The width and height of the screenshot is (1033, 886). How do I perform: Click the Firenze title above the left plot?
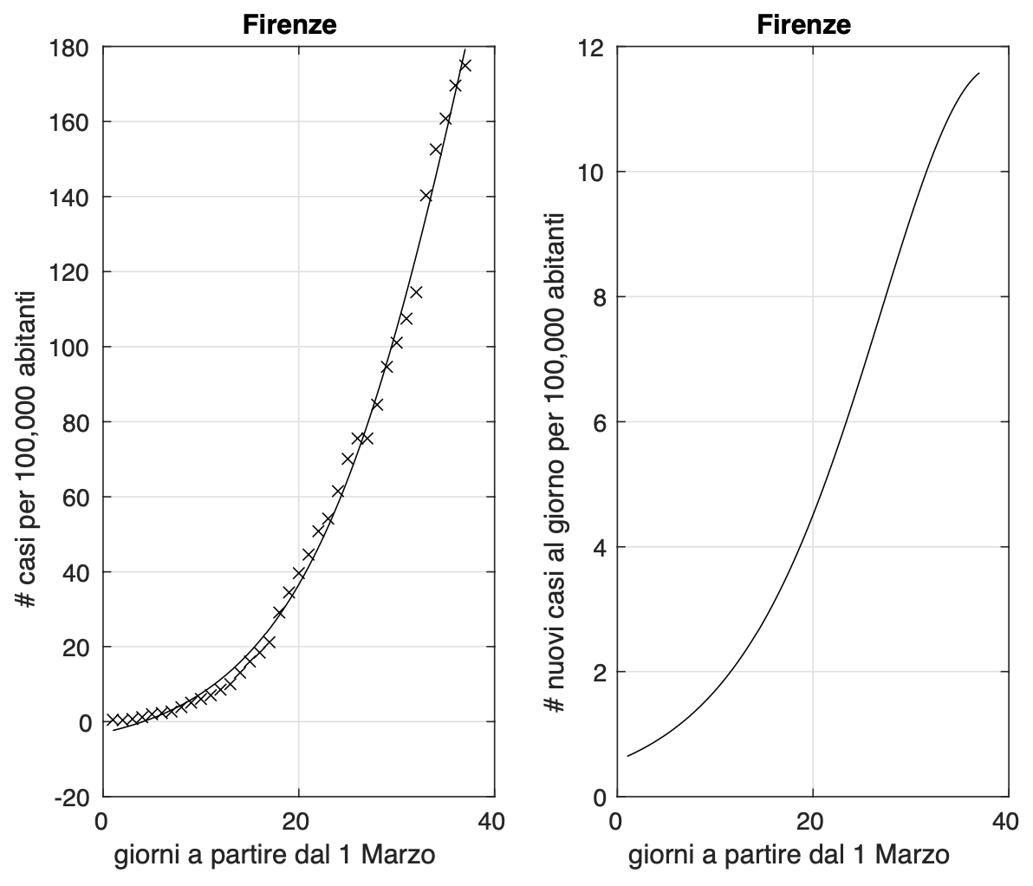[x=289, y=25]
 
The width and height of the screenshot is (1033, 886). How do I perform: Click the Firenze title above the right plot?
[x=803, y=25]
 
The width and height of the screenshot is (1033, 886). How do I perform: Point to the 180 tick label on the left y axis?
[x=74, y=47]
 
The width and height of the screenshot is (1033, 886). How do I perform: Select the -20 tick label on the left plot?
[x=74, y=797]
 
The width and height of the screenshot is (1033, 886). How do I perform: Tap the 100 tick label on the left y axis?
[x=74, y=347]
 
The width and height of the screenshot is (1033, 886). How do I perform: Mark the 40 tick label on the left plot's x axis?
[x=492, y=821]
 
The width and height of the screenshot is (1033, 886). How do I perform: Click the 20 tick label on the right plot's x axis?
[x=812, y=821]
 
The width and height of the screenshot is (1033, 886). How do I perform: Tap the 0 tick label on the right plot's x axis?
[x=616, y=821]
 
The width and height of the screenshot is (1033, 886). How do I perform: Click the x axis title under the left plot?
[x=275, y=857]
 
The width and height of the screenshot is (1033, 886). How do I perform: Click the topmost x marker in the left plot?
[x=465, y=65]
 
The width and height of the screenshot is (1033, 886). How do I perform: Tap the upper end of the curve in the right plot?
[x=978, y=74]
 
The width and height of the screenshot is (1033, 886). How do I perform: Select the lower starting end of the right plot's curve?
[x=627, y=756]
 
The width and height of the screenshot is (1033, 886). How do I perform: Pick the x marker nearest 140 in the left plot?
[x=426, y=195]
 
